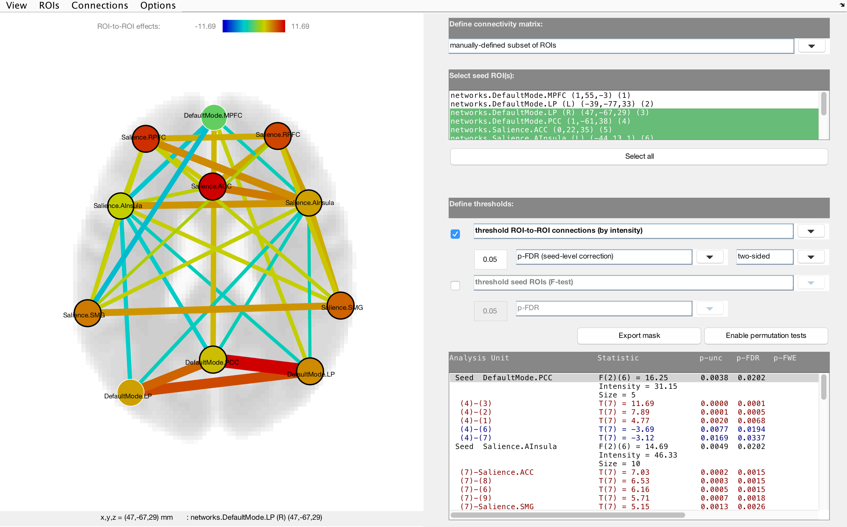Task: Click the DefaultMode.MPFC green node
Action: (214, 117)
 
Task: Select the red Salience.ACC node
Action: (212, 186)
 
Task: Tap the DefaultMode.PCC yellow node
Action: (213, 359)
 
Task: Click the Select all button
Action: (639, 156)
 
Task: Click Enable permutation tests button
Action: (766, 336)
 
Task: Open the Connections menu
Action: (100, 6)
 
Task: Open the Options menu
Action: (157, 6)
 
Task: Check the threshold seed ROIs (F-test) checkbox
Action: (455, 286)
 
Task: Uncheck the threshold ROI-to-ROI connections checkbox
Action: (455, 234)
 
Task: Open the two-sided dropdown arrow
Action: (811, 257)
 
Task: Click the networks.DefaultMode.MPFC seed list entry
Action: (541, 95)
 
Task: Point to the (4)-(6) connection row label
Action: (476, 429)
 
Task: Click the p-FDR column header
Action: (748, 358)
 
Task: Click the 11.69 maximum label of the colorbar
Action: (300, 26)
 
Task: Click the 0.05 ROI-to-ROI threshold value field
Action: (490, 260)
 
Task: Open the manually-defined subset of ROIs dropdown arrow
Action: (811, 46)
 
